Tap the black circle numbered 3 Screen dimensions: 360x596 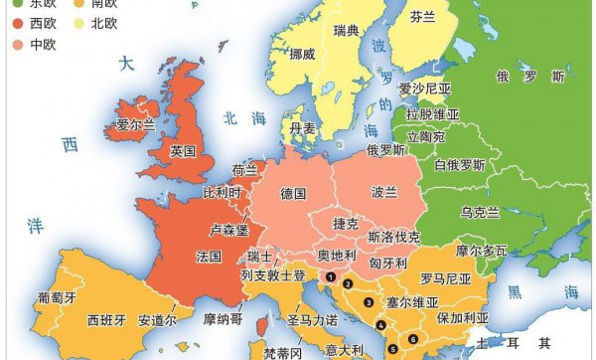point(368,302)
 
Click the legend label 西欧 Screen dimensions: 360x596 point(43,21)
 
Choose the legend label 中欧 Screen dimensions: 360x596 point(43,44)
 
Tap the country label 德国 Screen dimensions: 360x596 point(293,192)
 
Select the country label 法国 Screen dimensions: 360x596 point(209,256)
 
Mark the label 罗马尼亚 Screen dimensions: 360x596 point(444,278)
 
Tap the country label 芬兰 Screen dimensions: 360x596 point(424,17)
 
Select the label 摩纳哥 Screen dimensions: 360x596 point(222,320)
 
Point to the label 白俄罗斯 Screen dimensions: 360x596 point(461,163)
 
